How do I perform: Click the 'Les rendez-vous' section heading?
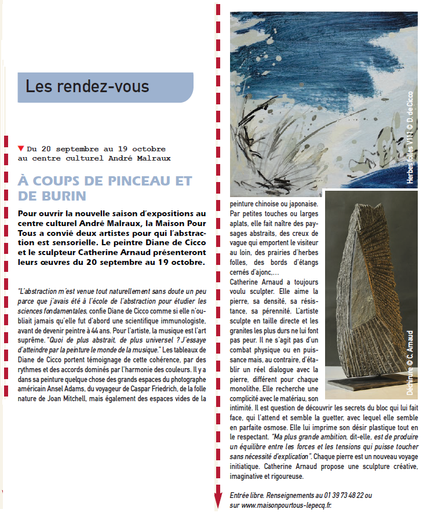(x=87, y=86)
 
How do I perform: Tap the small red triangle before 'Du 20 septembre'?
(x=21, y=148)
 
